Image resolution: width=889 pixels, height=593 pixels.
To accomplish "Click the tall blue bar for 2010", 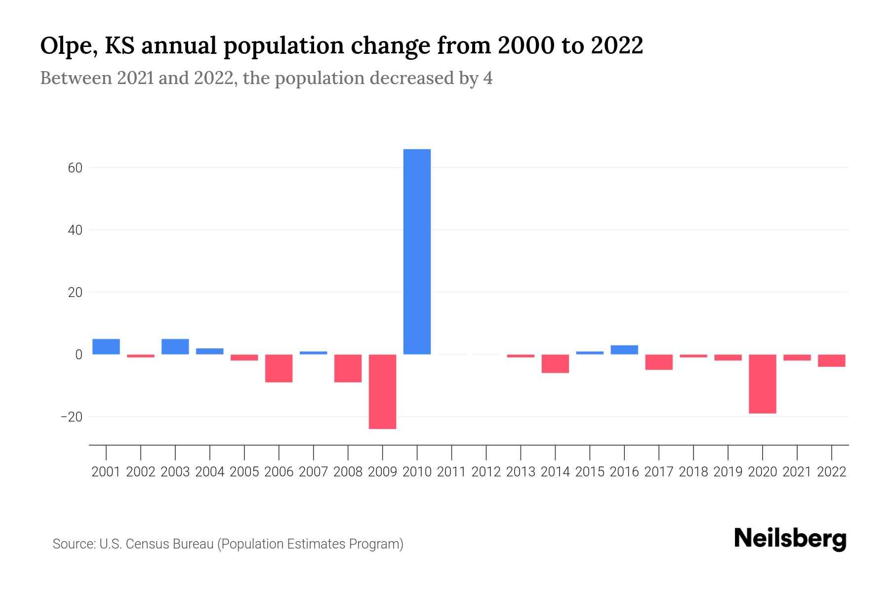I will [417, 252].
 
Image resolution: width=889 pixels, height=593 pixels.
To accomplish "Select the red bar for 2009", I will [382, 391].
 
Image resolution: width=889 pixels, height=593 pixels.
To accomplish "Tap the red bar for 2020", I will [762, 383].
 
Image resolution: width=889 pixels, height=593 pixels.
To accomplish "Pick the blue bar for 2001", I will [106, 346].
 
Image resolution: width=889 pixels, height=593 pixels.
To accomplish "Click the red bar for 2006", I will [279, 368].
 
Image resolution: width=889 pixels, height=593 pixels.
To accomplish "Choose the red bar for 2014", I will [555, 364].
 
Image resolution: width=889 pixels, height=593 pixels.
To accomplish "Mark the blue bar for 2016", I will [624, 350].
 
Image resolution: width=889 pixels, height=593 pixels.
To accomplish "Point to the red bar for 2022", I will [831, 361].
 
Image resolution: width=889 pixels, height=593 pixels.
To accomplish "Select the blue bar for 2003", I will [175, 346].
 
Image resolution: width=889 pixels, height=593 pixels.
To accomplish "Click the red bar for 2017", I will [659, 362].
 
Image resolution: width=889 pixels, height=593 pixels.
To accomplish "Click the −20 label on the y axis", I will [72, 417].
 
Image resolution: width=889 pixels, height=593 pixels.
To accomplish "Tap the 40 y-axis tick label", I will [75, 230].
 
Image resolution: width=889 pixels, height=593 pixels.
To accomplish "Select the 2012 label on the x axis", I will [486, 472].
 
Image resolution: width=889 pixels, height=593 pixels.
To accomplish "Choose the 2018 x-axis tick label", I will [693, 472].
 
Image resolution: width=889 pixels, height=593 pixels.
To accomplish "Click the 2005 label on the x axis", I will [244, 472].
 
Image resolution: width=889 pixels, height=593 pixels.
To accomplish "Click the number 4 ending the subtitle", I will [488, 78].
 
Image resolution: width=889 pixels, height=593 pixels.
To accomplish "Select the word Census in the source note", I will [145, 544].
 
